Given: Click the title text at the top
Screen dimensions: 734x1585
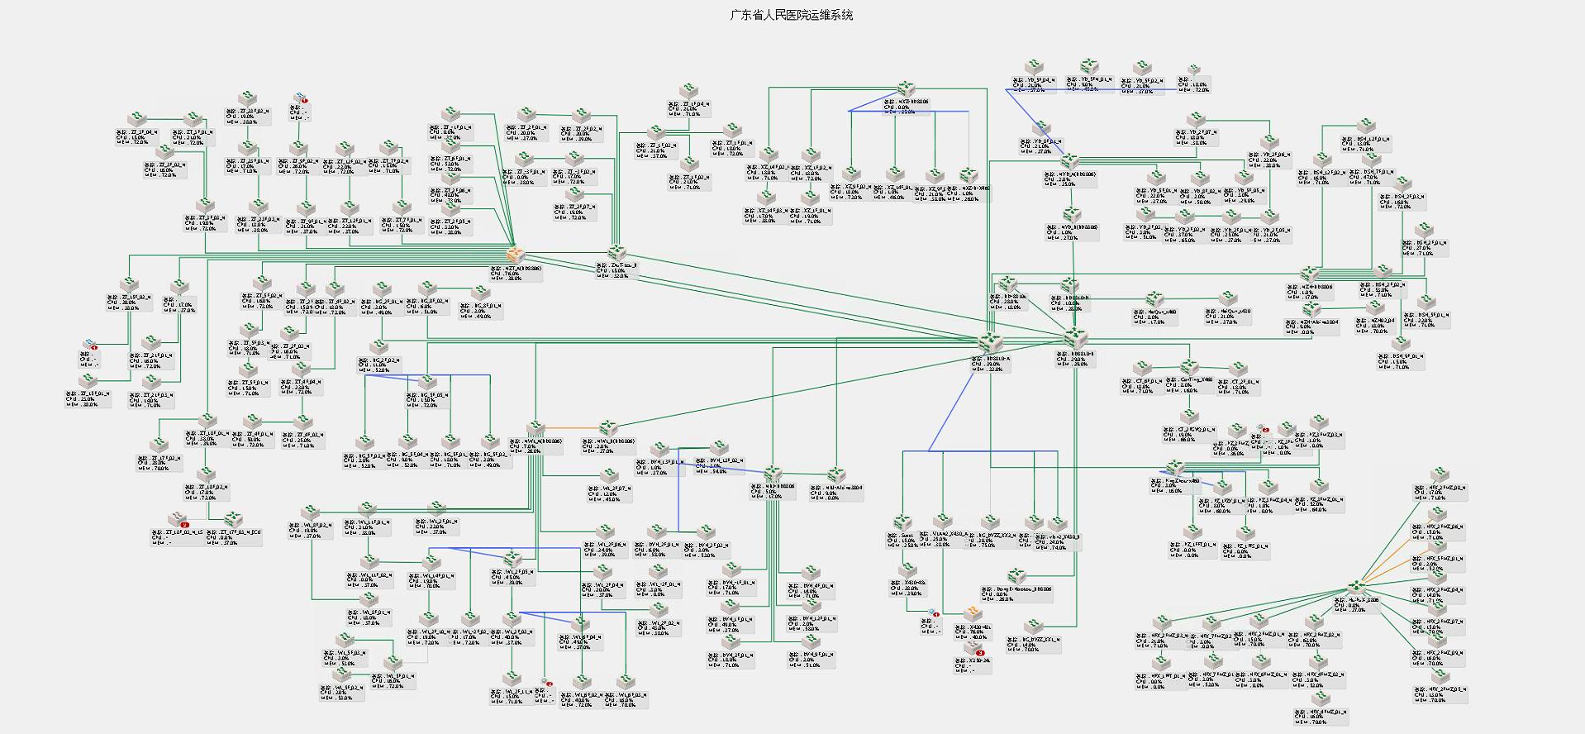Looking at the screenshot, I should point(792,15).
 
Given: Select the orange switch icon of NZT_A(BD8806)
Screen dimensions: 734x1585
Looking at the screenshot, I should point(516,255).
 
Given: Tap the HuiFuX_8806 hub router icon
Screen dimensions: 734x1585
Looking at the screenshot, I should point(1353,586).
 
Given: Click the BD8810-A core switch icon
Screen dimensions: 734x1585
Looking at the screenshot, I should point(989,342).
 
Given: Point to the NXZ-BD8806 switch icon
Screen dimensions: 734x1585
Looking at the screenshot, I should point(907,88).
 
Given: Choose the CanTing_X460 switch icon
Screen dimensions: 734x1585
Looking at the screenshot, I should point(1189,366).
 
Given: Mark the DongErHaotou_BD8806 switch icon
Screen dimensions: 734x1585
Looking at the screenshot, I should point(1015,576).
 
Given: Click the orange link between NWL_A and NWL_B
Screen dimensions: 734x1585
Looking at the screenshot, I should point(572,428).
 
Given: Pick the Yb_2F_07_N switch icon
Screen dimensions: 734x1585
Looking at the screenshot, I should point(1196,120).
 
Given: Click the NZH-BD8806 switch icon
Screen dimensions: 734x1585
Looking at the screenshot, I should point(1309,274).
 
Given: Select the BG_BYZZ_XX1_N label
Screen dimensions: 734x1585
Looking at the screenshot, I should point(1040,639).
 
